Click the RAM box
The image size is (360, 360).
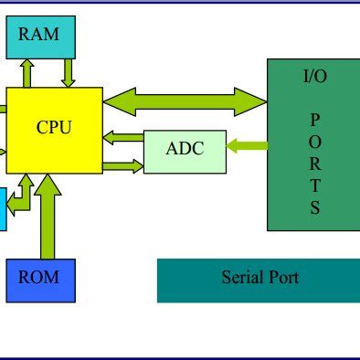coord(39,37)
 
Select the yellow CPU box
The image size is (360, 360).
coord(54,129)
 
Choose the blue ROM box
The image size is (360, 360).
coord(40,280)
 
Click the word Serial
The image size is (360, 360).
coord(241,278)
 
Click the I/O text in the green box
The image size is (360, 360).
coord(314,76)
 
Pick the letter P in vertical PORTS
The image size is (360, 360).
coord(314,119)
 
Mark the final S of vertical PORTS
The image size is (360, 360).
coord(314,206)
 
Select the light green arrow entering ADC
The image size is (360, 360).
coord(246,145)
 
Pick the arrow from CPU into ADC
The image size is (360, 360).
coord(123,165)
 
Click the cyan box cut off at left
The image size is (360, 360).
coord(3,208)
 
